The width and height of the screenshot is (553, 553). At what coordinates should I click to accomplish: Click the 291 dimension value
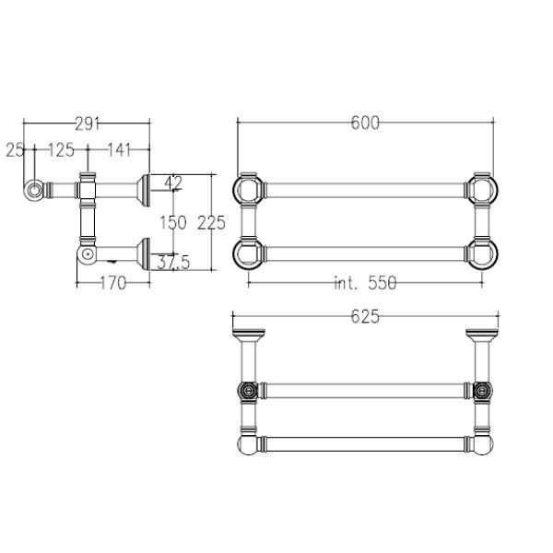pos(88,124)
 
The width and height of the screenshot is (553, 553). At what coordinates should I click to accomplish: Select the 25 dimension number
pos(15,150)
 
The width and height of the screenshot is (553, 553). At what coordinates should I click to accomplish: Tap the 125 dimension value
pos(61,150)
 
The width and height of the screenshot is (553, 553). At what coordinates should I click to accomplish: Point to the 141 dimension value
pos(119,150)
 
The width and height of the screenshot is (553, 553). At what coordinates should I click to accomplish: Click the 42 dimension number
pos(173,182)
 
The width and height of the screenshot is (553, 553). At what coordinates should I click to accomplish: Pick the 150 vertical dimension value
pos(173,223)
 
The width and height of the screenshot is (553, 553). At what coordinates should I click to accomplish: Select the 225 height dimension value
pos(211,223)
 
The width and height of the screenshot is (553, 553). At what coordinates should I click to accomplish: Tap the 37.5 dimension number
pos(173,263)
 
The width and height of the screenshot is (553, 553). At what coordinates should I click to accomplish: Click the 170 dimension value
pos(113,283)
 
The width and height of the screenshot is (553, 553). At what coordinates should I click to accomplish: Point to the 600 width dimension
pos(365,124)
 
